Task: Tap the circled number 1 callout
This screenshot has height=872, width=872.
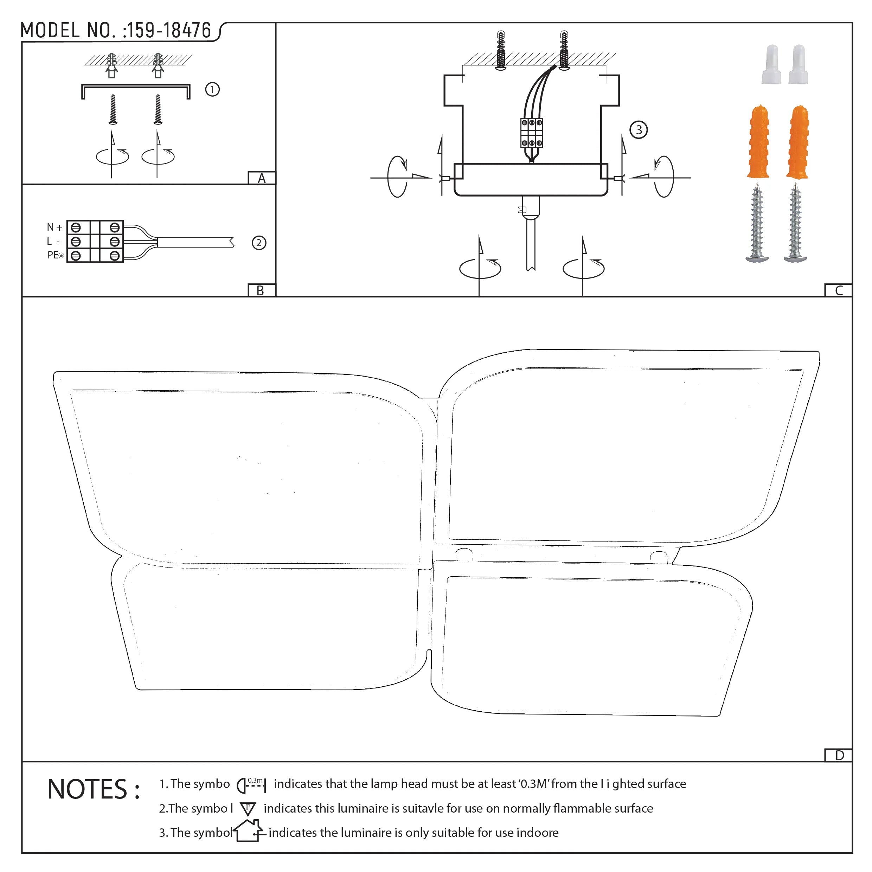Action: (x=212, y=89)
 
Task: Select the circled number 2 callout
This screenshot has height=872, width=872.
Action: (x=259, y=243)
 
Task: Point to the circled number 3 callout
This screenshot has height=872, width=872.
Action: (x=638, y=130)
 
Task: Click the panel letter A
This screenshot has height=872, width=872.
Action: (x=261, y=179)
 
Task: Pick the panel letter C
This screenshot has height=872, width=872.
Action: (x=839, y=291)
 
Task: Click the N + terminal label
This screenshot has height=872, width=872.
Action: (x=54, y=227)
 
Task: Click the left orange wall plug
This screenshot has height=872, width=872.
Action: (x=758, y=142)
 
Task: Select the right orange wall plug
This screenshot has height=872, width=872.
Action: (x=797, y=142)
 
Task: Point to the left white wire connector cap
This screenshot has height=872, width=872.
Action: (x=771, y=65)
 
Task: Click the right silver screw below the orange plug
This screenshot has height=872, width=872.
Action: (x=795, y=223)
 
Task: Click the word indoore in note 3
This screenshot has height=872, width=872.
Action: (x=537, y=833)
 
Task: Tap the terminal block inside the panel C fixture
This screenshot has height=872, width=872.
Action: (x=532, y=133)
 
